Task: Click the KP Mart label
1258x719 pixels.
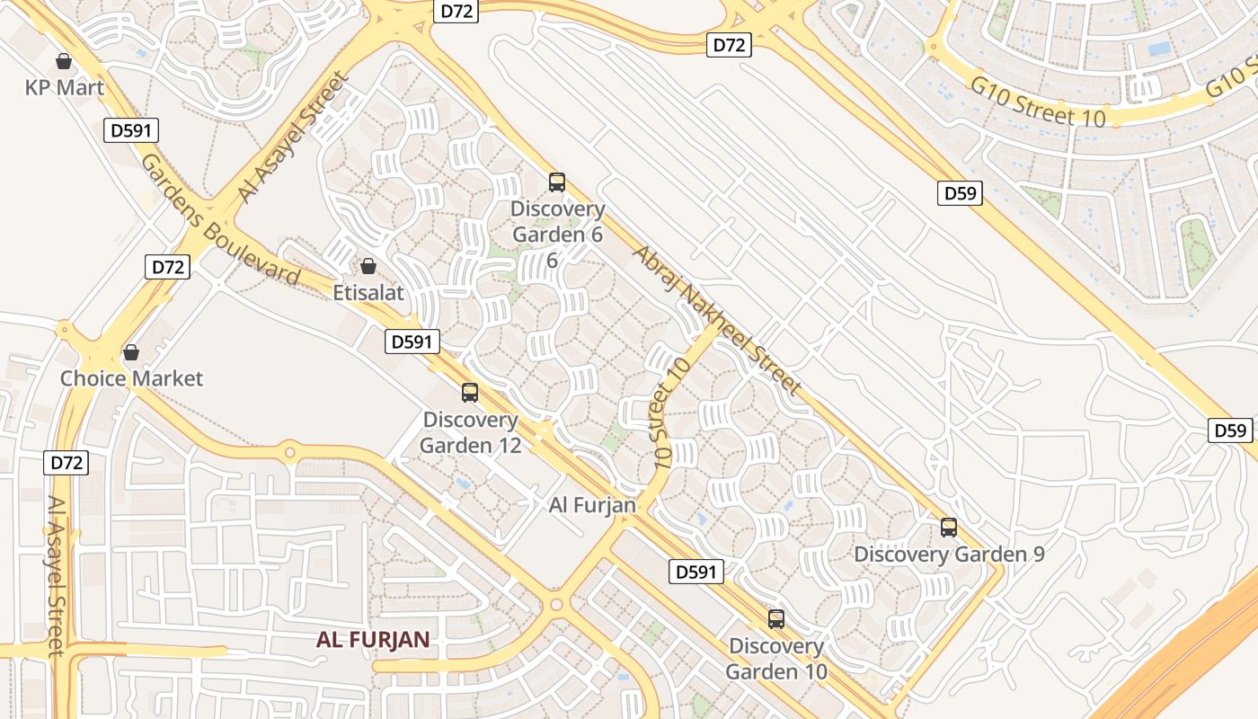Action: pyautogui.click(x=65, y=88)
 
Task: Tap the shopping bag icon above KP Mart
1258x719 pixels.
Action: pyautogui.click(x=64, y=61)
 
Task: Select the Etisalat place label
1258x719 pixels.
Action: pyautogui.click(x=368, y=292)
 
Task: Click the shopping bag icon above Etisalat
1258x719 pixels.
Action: pyautogui.click(x=368, y=266)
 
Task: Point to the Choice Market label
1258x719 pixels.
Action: pyautogui.click(x=131, y=378)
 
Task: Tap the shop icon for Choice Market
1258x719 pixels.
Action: pyautogui.click(x=131, y=351)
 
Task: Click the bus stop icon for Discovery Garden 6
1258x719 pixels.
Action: pyautogui.click(x=557, y=182)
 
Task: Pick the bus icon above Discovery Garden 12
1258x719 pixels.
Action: pyautogui.click(x=470, y=393)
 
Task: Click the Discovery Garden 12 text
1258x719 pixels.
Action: pyautogui.click(x=471, y=432)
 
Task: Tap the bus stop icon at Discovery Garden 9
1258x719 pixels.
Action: pyautogui.click(x=949, y=528)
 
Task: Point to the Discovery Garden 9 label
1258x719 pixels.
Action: pyautogui.click(x=949, y=554)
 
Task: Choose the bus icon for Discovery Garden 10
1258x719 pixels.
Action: pyautogui.click(x=776, y=619)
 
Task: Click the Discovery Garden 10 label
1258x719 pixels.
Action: pyautogui.click(x=776, y=659)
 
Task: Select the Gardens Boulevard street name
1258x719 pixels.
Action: pyautogui.click(x=219, y=220)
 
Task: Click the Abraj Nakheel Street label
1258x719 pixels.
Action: pyautogui.click(x=716, y=320)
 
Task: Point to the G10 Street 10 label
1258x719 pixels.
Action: pyautogui.click(x=1038, y=102)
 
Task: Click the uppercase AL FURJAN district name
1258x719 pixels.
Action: pyautogui.click(x=373, y=640)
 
